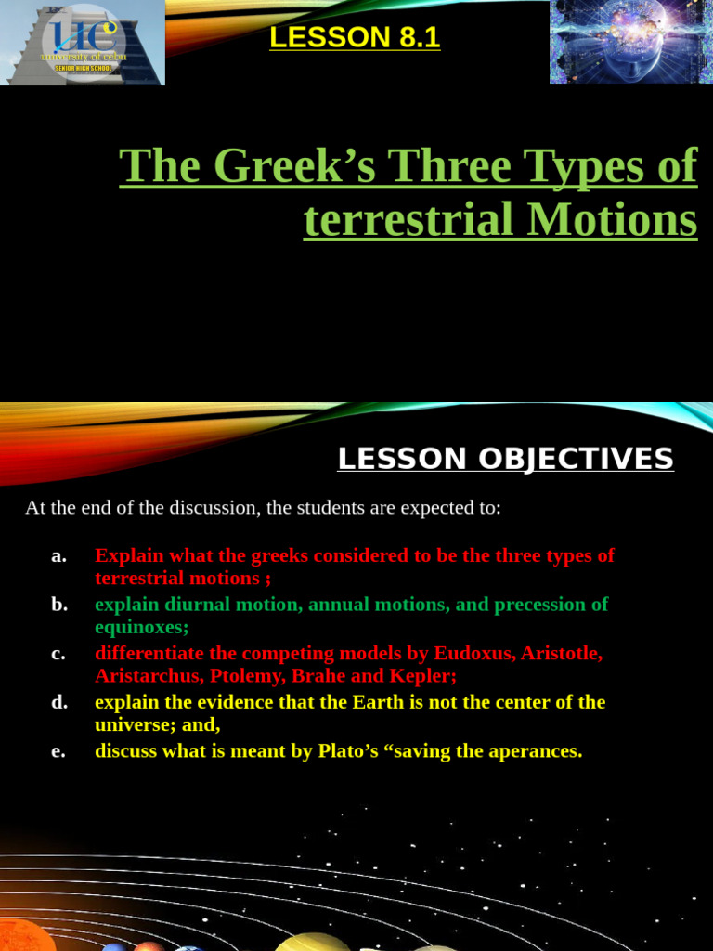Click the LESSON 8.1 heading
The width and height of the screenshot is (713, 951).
pos(355,37)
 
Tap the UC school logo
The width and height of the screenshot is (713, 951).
pos(84,43)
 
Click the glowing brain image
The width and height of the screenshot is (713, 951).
pos(630,42)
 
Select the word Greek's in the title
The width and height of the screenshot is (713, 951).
pos(297,166)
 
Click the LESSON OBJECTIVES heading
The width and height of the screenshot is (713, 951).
pos(505,459)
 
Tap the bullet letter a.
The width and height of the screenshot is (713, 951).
pos(59,555)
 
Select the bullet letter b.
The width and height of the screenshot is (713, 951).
pos(59,605)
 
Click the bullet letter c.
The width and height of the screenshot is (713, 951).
pos(58,654)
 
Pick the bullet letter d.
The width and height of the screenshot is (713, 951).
pos(59,702)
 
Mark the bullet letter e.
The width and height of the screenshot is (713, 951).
pos(58,750)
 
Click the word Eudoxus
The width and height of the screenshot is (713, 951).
pos(474,653)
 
